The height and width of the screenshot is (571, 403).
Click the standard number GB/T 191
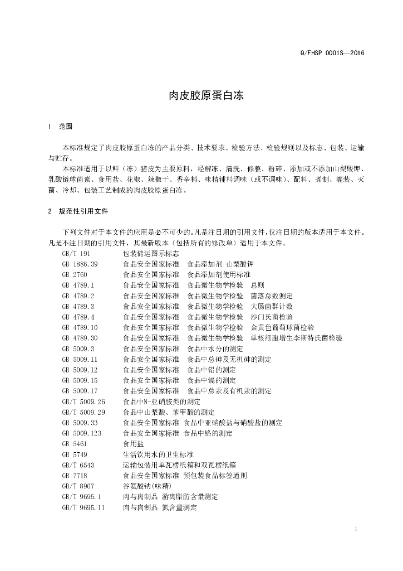click(76, 253)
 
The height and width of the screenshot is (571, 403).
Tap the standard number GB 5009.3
click(78, 349)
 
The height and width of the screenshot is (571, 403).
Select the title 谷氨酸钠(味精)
click(148, 486)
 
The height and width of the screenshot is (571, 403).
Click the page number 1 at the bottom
click(355, 528)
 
